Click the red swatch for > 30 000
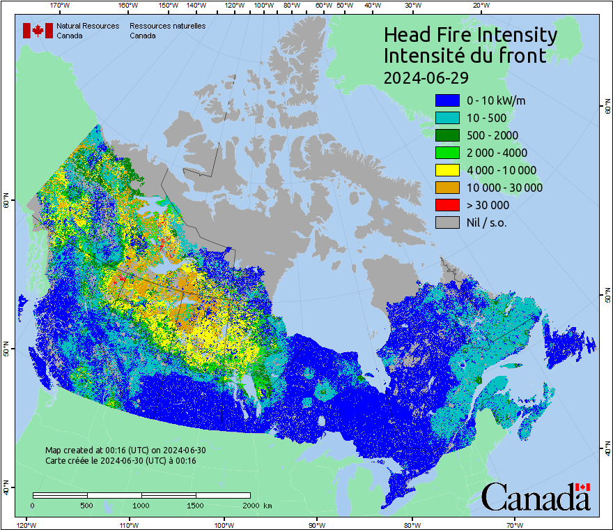pyautogui.click(x=447, y=205)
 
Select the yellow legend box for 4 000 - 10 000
pyautogui.click(x=447, y=170)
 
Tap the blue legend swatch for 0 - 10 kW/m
pyautogui.click(x=447, y=100)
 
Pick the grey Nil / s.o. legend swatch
pyautogui.click(x=447, y=222)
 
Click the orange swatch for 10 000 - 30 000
pyautogui.click(x=447, y=188)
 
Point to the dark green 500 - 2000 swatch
pyautogui.click(x=447, y=135)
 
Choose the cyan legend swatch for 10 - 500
pyautogui.click(x=447, y=118)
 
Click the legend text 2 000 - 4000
pyautogui.click(x=497, y=153)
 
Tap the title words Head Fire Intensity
pyautogui.click(x=470, y=35)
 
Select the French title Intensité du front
pyautogui.click(x=465, y=56)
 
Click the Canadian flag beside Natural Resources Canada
pyautogui.click(x=38, y=31)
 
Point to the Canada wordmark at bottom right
pyautogui.click(x=536, y=497)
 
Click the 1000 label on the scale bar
pyautogui.click(x=141, y=505)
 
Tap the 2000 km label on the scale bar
pyautogui.click(x=256, y=505)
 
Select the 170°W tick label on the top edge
pyautogui.click(x=61, y=6)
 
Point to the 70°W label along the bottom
pyautogui.click(x=515, y=524)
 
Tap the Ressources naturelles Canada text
pyautogui.click(x=167, y=31)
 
